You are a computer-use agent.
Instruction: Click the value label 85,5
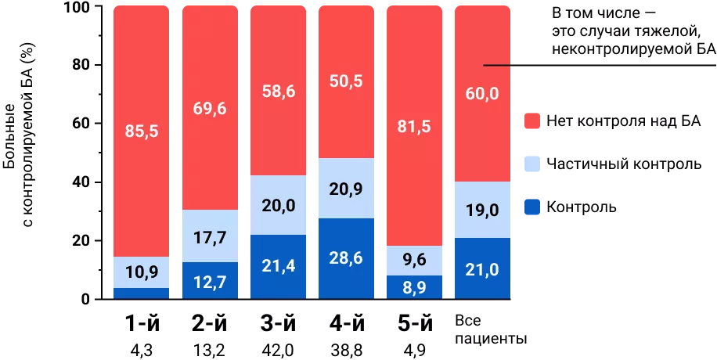[142, 131]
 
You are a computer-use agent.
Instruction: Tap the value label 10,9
[142, 273]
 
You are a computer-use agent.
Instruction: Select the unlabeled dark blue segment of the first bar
[142, 293]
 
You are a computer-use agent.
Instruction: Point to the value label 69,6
[210, 109]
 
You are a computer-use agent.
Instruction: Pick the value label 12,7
[210, 282]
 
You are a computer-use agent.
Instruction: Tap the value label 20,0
[278, 205]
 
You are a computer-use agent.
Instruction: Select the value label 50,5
[347, 81]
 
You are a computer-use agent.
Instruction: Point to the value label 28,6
[347, 259]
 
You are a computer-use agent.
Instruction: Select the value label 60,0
[483, 94]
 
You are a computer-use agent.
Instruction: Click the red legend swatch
[532, 121]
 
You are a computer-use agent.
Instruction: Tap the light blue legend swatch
[532, 164]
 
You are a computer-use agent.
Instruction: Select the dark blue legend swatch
[532, 207]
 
